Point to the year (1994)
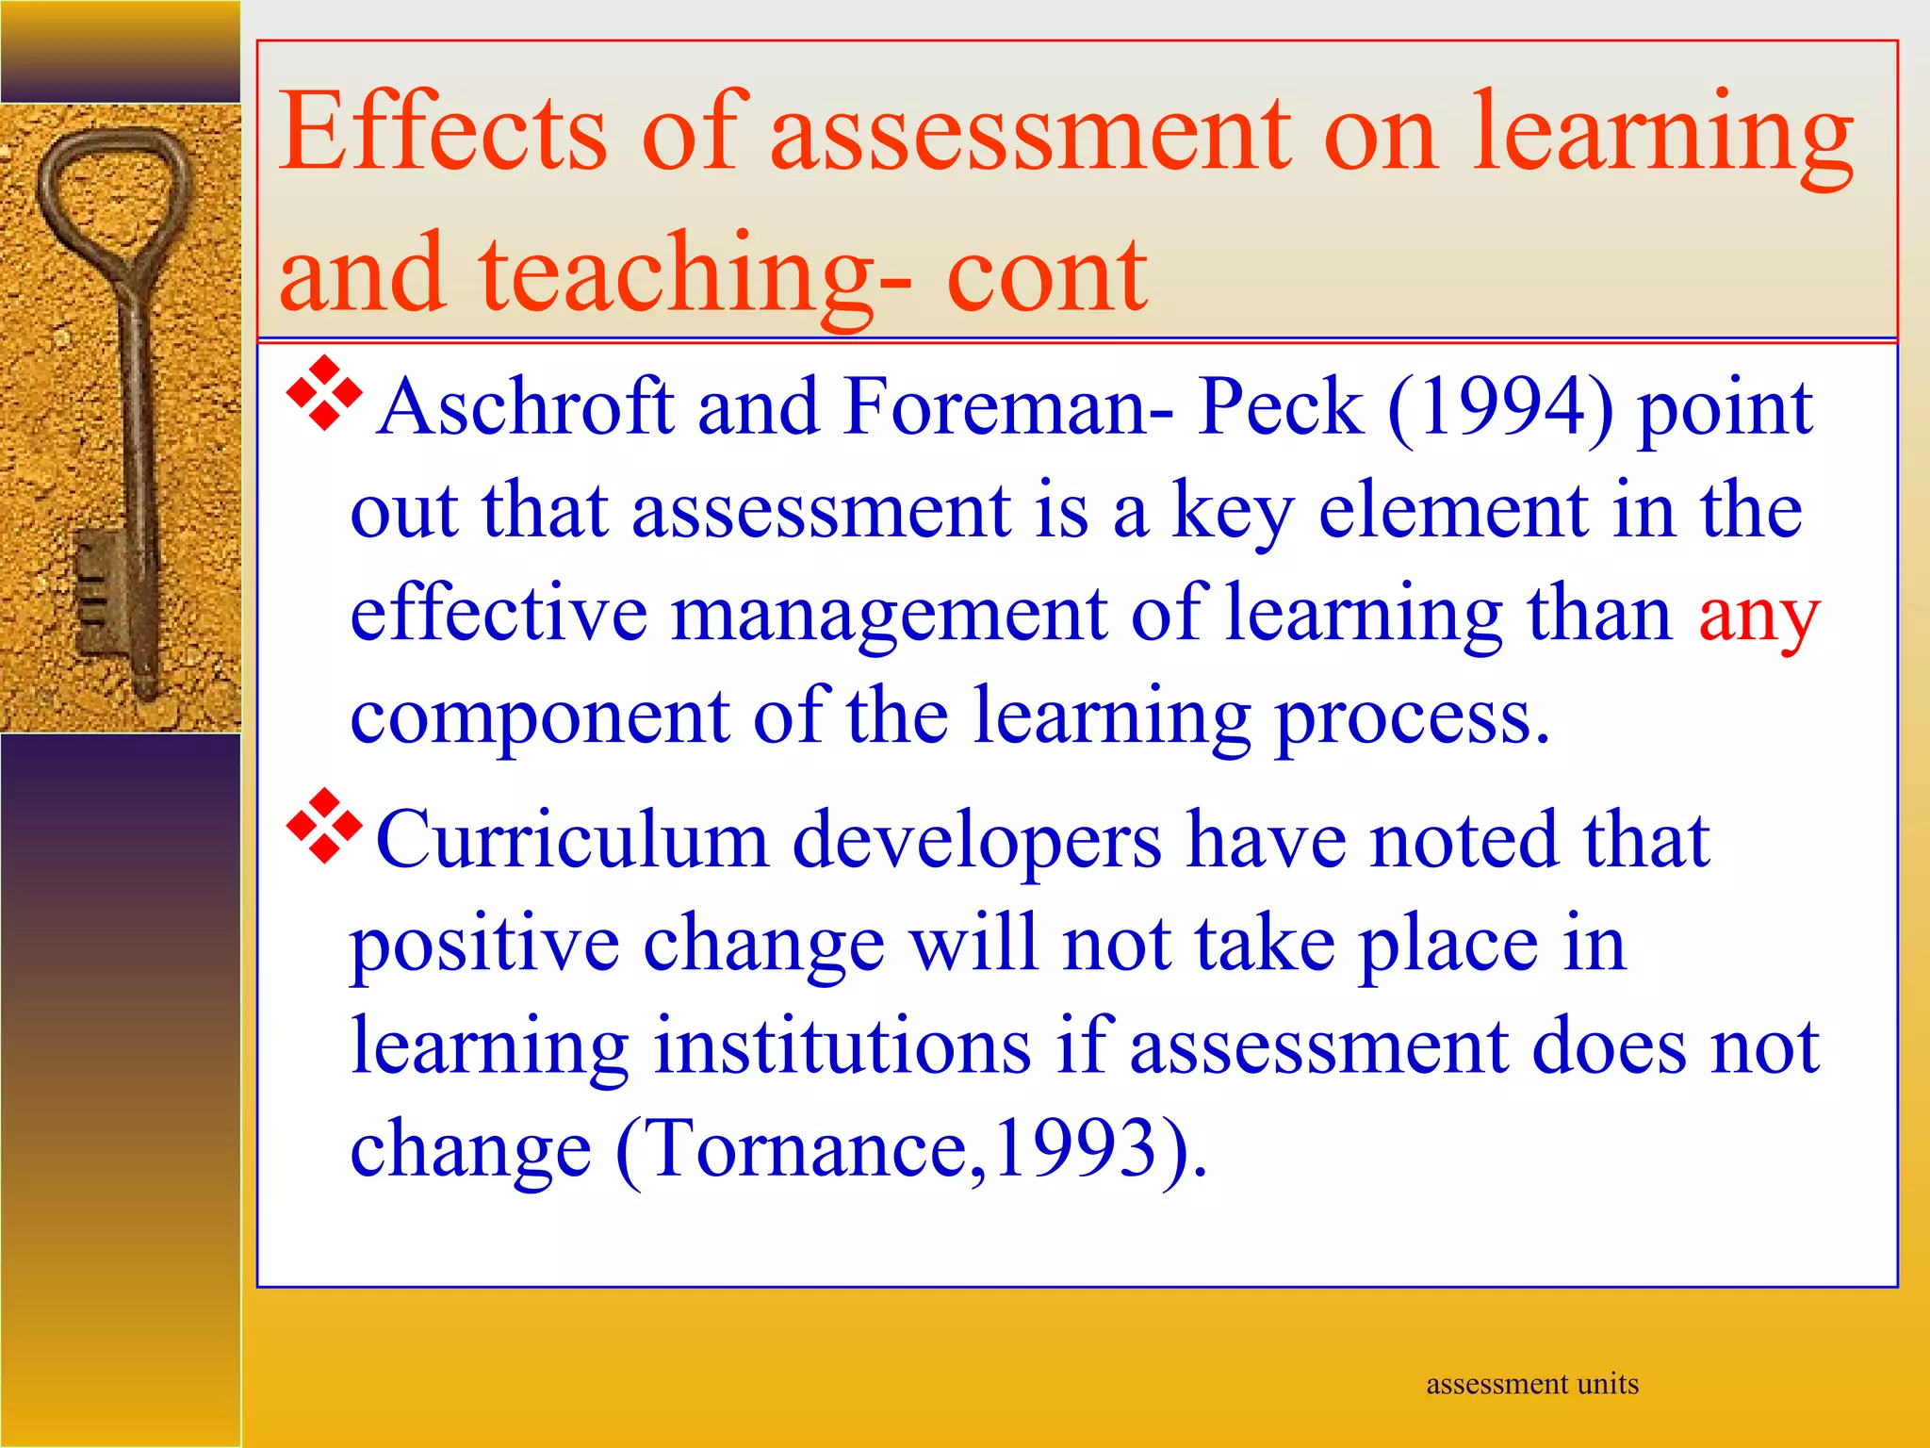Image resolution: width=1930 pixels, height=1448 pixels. tap(1500, 407)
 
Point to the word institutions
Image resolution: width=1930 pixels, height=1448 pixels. tap(843, 1046)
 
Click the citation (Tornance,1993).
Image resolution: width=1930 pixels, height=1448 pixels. tap(909, 1150)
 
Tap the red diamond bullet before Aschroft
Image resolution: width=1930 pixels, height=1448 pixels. tap(324, 393)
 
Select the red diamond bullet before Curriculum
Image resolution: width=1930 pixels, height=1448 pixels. tap(324, 826)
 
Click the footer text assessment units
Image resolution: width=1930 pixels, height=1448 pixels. tap(1532, 1384)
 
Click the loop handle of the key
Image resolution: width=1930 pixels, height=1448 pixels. tap(113, 189)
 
